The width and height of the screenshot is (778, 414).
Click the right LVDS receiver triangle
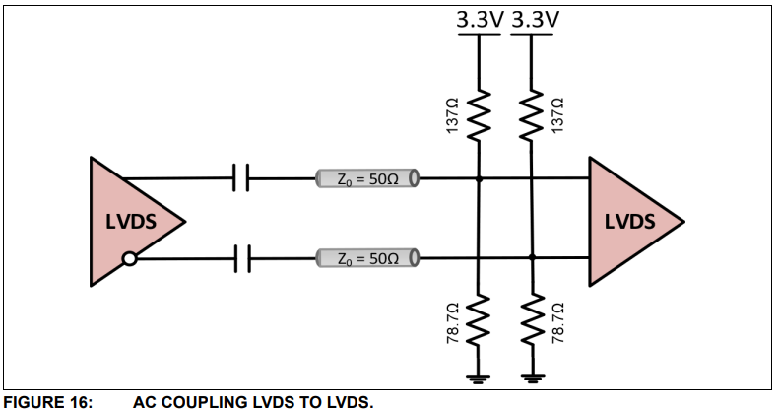tap(629, 221)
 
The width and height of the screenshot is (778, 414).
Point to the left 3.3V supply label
tap(479, 19)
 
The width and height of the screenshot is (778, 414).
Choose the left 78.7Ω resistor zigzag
tap(479, 321)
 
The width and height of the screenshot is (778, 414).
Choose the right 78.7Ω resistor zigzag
tap(532, 321)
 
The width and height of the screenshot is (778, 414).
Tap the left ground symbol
tap(479, 376)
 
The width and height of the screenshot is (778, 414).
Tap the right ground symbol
tap(532, 376)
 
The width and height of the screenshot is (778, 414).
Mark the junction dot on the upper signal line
tap(479, 179)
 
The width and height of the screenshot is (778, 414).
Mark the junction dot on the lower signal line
tap(532, 259)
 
